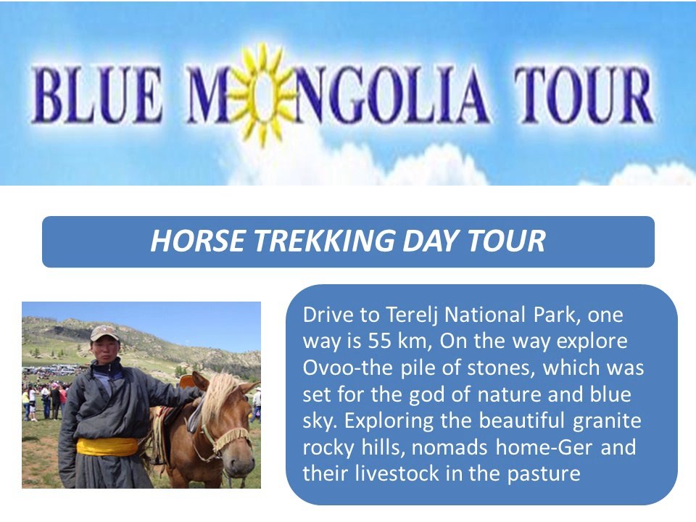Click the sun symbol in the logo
pos(262,94)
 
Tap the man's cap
pos(104,332)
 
